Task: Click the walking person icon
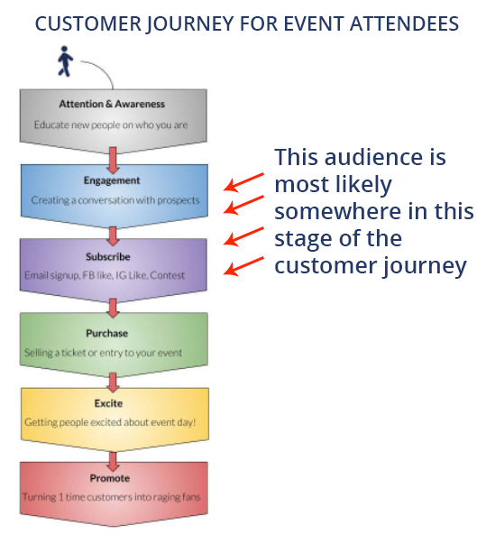(x=65, y=61)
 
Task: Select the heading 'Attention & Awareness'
(x=112, y=104)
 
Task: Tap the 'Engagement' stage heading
(x=112, y=180)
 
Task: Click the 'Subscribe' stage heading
(x=108, y=257)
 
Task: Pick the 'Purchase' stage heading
(x=106, y=333)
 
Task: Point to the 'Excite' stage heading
(x=108, y=403)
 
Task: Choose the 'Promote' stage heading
(x=110, y=478)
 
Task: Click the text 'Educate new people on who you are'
(x=111, y=124)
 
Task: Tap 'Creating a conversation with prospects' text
(x=115, y=200)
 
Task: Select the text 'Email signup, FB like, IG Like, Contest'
(x=105, y=275)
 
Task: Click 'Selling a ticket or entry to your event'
(x=104, y=353)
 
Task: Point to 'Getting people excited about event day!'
(x=110, y=422)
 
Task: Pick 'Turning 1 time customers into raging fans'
(x=112, y=497)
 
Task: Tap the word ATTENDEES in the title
(x=404, y=23)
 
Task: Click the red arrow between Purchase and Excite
(x=113, y=382)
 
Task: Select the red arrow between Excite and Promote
(x=113, y=461)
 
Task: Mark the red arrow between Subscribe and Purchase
(x=113, y=308)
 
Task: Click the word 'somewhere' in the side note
(x=337, y=211)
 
